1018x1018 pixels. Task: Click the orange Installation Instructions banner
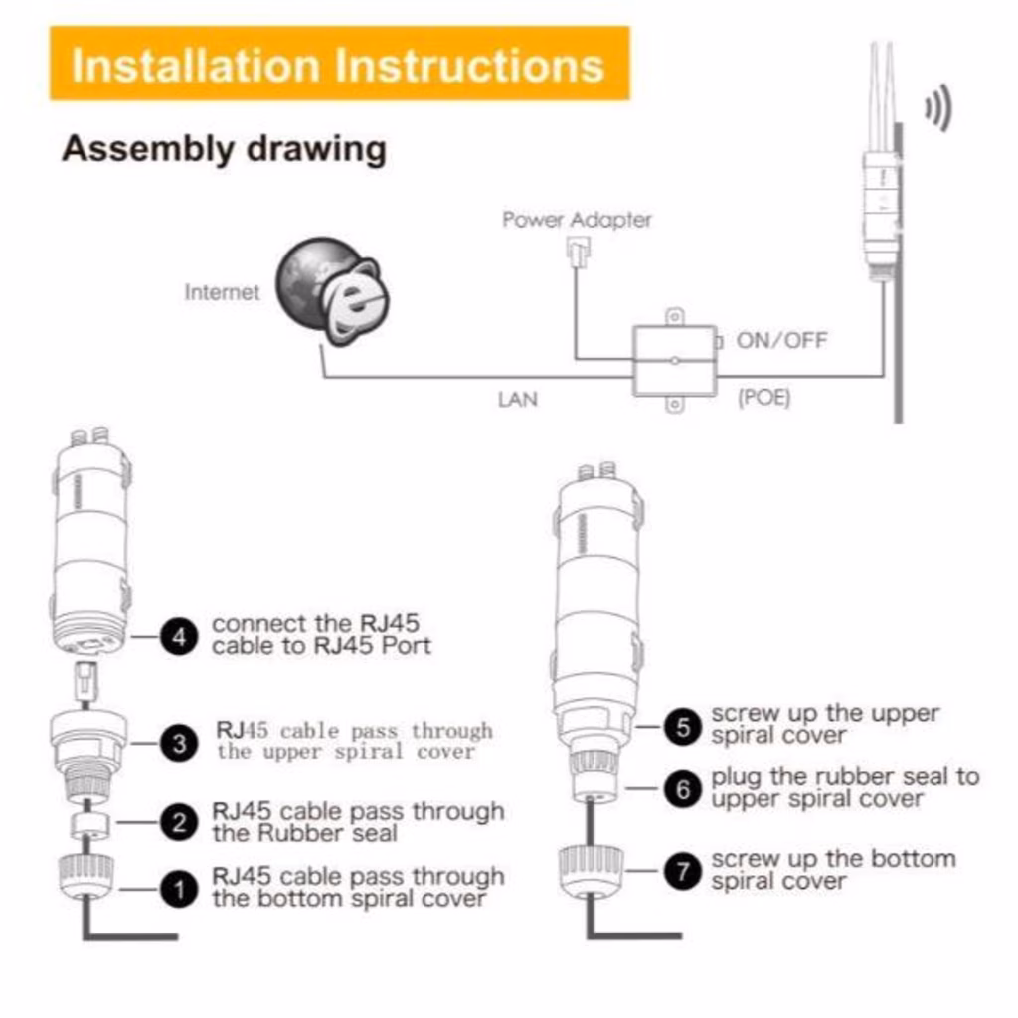point(339,64)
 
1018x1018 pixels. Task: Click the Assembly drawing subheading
point(224,149)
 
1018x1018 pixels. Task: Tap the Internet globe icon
point(329,289)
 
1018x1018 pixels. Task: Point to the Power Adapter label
point(577,220)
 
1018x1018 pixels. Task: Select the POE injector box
point(674,361)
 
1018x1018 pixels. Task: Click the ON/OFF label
point(781,341)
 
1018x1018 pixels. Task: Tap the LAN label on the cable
point(517,400)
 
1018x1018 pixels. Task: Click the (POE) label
point(763,400)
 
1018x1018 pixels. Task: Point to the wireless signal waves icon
point(937,109)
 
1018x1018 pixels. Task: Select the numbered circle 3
point(179,743)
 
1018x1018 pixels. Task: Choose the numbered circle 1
point(179,888)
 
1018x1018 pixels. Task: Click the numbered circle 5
point(682,726)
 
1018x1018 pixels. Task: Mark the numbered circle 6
point(682,789)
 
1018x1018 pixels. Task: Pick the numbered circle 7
point(682,872)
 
